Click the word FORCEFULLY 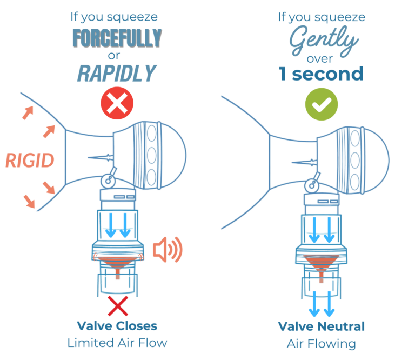tap(116, 37)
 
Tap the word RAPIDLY tap(116, 73)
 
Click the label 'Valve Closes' tap(117, 326)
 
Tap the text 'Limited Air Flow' tap(117, 343)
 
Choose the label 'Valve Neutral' tap(322, 326)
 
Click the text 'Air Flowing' tap(322, 343)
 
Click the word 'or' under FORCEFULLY tap(117, 55)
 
